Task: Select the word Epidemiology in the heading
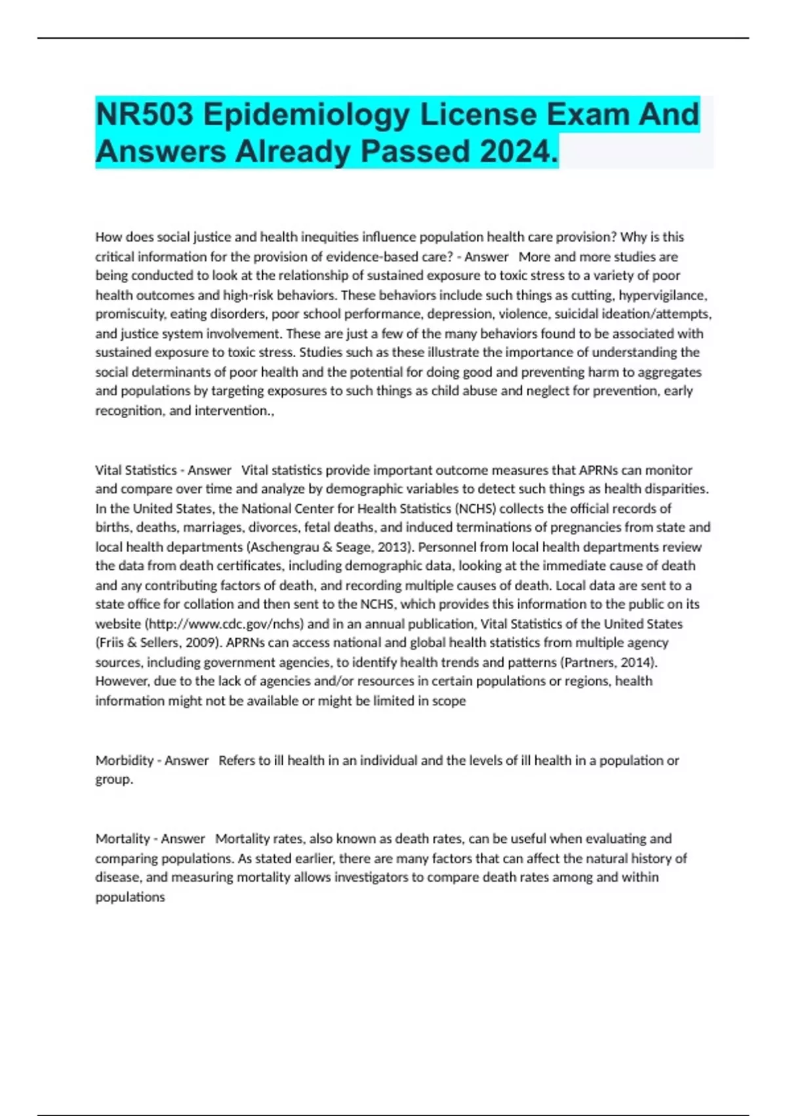tap(306, 115)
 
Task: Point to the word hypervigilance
tap(662, 295)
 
